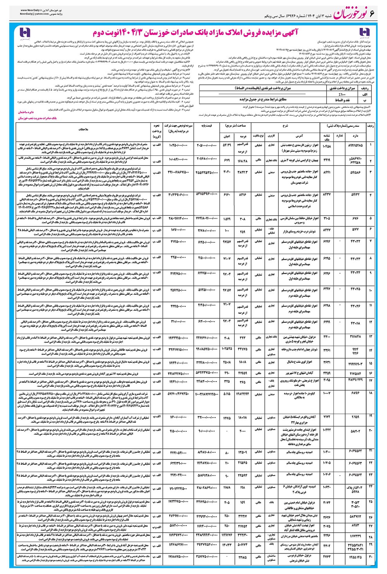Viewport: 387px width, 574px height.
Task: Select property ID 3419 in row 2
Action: click(327, 158)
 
